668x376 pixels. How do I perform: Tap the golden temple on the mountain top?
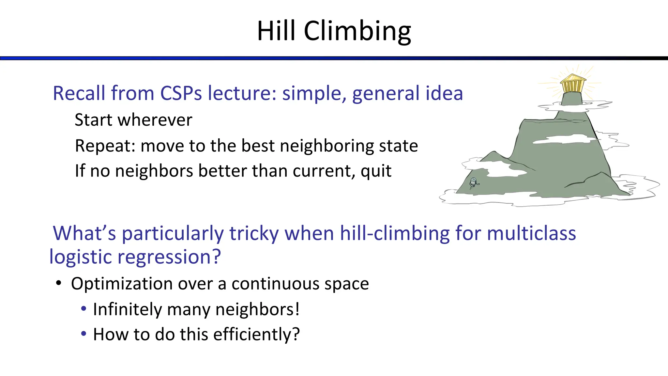(573, 84)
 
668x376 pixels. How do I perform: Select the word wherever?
(155, 120)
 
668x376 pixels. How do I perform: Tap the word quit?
(376, 171)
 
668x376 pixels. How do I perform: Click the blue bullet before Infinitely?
(84, 308)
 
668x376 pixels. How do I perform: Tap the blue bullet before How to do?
(84, 334)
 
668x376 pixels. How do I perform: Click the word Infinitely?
(127, 309)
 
